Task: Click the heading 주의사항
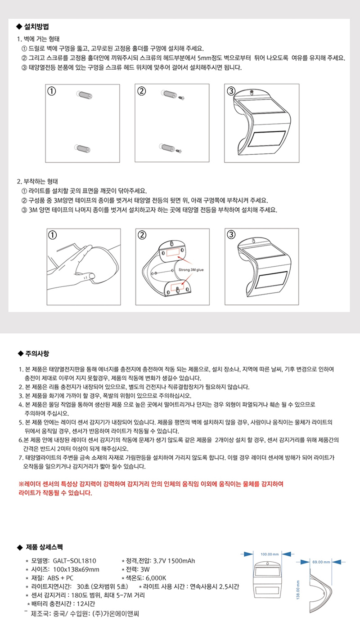[x=37, y=353]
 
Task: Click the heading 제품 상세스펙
[x=44, y=547]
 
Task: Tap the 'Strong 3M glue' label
[x=191, y=269]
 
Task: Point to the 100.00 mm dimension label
[x=270, y=554]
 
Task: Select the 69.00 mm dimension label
[x=321, y=562]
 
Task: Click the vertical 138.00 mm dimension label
[x=298, y=590]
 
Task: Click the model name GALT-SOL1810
[x=74, y=561]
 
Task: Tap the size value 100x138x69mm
[x=76, y=569]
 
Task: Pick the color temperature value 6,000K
[x=156, y=578]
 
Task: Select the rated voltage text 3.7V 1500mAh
[x=174, y=561]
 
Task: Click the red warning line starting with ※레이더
[x=151, y=483]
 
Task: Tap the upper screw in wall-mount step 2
[x=181, y=98]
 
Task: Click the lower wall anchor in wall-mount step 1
[x=82, y=148]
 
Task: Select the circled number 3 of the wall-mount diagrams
[x=231, y=91]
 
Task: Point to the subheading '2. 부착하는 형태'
[x=37, y=181]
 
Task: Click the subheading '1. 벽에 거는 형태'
[x=38, y=39]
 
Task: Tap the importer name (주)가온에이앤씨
[x=116, y=614]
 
